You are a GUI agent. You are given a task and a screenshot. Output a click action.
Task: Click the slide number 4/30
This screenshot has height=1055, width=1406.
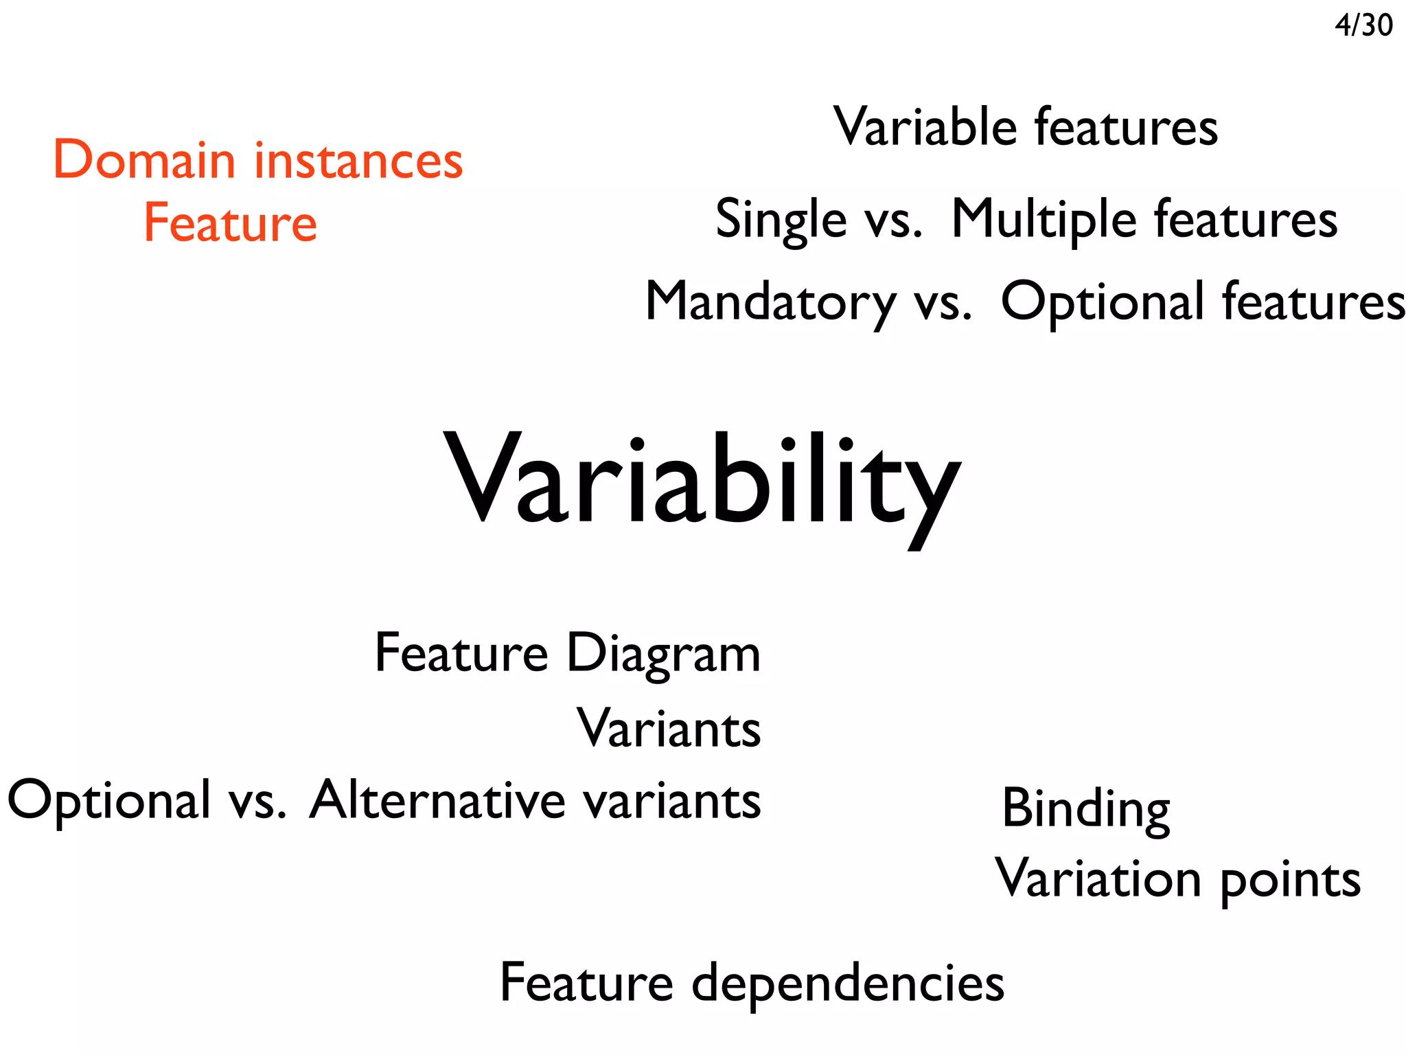click(1363, 25)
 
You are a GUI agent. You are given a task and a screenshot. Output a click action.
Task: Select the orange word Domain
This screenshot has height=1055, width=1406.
click(144, 160)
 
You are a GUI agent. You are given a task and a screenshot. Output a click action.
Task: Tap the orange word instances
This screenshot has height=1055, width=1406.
click(358, 160)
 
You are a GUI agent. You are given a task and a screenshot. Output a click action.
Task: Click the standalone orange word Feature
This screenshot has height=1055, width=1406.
click(231, 223)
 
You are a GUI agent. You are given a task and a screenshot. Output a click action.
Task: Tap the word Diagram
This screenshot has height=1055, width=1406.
click(663, 654)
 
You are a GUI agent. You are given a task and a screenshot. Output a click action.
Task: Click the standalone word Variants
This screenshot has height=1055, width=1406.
click(669, 728)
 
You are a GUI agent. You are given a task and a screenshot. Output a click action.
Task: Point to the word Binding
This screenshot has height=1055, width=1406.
click(1085, 809)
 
